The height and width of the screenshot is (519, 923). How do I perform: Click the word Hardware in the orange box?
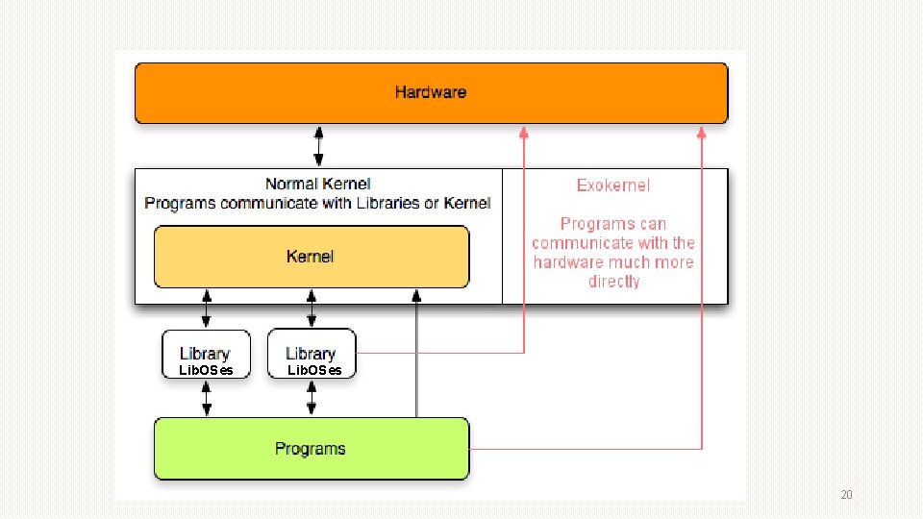coord(430,92)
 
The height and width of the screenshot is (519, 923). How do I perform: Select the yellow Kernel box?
coord(311,257)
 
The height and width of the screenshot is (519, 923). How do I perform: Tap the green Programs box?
coord(311,449)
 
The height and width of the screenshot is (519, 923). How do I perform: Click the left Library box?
coord(205,354)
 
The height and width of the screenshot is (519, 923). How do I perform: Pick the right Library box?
coord(311,354)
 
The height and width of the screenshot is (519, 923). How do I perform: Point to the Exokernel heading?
coord(613,185)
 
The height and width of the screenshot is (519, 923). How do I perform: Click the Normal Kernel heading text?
coord(317,184)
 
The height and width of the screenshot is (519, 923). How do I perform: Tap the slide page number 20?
coord(846,495)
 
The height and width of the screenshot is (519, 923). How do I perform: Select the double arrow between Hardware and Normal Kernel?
coord(319,146)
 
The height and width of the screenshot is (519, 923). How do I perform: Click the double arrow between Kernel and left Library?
coord(206,309)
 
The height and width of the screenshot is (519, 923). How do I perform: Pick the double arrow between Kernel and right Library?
coord(311,309)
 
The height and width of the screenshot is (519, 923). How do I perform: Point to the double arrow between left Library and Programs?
coord(206,398)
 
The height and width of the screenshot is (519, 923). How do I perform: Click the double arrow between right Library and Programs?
coord(311,398)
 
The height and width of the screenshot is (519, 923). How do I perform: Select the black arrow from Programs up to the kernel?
coord(416,356)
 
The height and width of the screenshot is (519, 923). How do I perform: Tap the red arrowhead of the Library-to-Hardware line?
coord(524,134)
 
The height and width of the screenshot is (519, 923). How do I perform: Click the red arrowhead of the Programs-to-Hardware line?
coord(702,134)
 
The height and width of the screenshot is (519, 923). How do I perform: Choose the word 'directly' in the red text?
coord(613,282)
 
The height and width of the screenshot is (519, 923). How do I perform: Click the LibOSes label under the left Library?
coord(206,371)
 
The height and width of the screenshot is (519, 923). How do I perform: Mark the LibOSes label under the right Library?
coord(314,371)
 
